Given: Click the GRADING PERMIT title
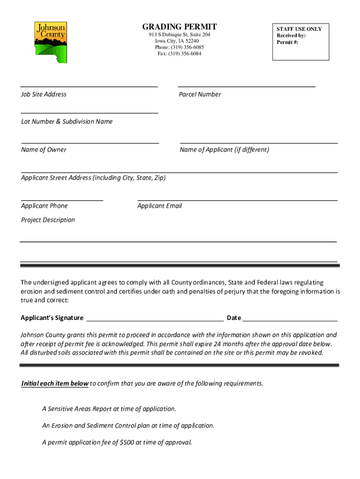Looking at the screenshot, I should coord(180,27).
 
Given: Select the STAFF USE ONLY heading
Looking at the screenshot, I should coord(299,29).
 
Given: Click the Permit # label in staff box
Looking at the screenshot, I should coord(287,42).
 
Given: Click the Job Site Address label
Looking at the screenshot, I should coord(43,94).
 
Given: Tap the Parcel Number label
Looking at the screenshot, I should coord(200,94).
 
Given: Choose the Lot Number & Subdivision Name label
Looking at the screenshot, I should coord(67,122).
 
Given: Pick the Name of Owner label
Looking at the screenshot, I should coord(43,150).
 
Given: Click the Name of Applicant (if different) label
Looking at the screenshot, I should coord(224,150).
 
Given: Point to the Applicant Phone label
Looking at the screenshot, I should coord(44,206).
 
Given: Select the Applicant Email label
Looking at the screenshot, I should coord(159,206).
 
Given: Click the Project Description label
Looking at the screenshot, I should coord(48,220).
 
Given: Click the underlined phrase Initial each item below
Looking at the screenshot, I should coord(55,384).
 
